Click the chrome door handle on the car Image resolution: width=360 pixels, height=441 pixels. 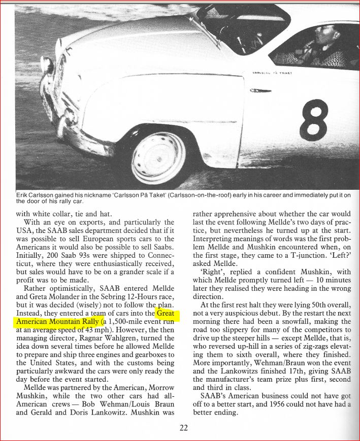click(x=261, y=91)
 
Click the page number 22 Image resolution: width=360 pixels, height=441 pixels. click(x=184, y=427)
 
